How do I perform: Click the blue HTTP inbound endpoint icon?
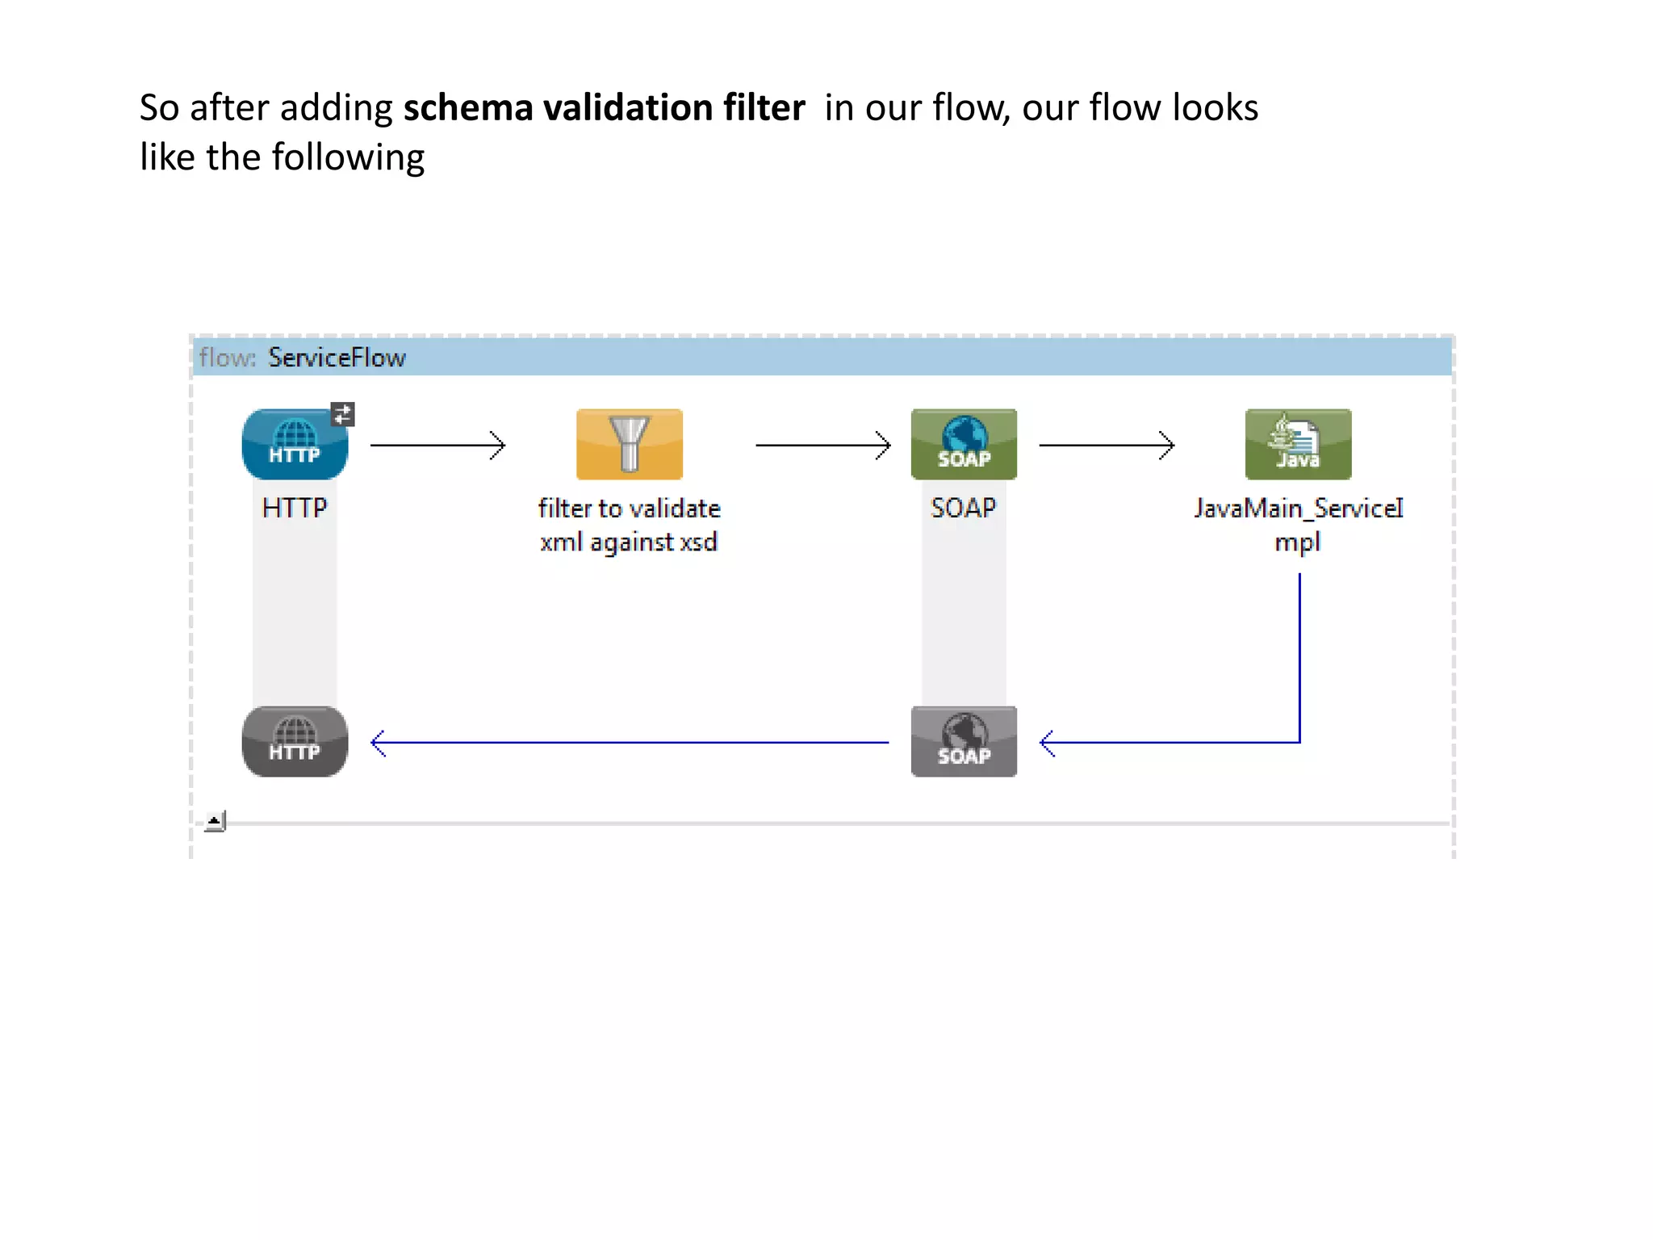295,445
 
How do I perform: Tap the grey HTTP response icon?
295,741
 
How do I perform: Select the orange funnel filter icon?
629,444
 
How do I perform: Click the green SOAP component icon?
964,444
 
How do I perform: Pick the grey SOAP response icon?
964,741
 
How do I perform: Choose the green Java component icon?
1298,444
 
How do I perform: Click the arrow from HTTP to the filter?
437,445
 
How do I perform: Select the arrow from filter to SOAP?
822,445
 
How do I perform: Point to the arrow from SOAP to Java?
1106,445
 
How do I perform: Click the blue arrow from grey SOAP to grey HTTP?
630,742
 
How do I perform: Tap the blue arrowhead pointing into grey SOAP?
1048,743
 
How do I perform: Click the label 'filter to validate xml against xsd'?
629,525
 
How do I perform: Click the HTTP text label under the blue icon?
295,508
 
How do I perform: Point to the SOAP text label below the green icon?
963,508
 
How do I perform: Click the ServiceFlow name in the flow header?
337,358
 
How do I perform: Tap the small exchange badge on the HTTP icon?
342,414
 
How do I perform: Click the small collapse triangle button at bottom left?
214,821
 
